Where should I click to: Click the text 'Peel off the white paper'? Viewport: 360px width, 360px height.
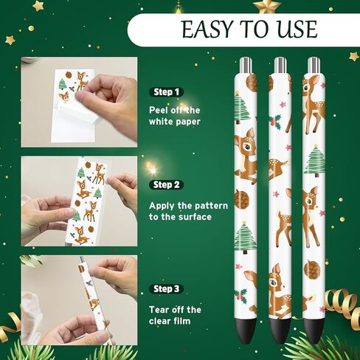[175, 115]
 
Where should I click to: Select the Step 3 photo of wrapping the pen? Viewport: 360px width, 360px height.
[79, 299]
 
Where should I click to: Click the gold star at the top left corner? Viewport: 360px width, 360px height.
[38, 6]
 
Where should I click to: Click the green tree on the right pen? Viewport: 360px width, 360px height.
[314, 161]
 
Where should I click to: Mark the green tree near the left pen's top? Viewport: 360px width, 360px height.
[242, 108]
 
